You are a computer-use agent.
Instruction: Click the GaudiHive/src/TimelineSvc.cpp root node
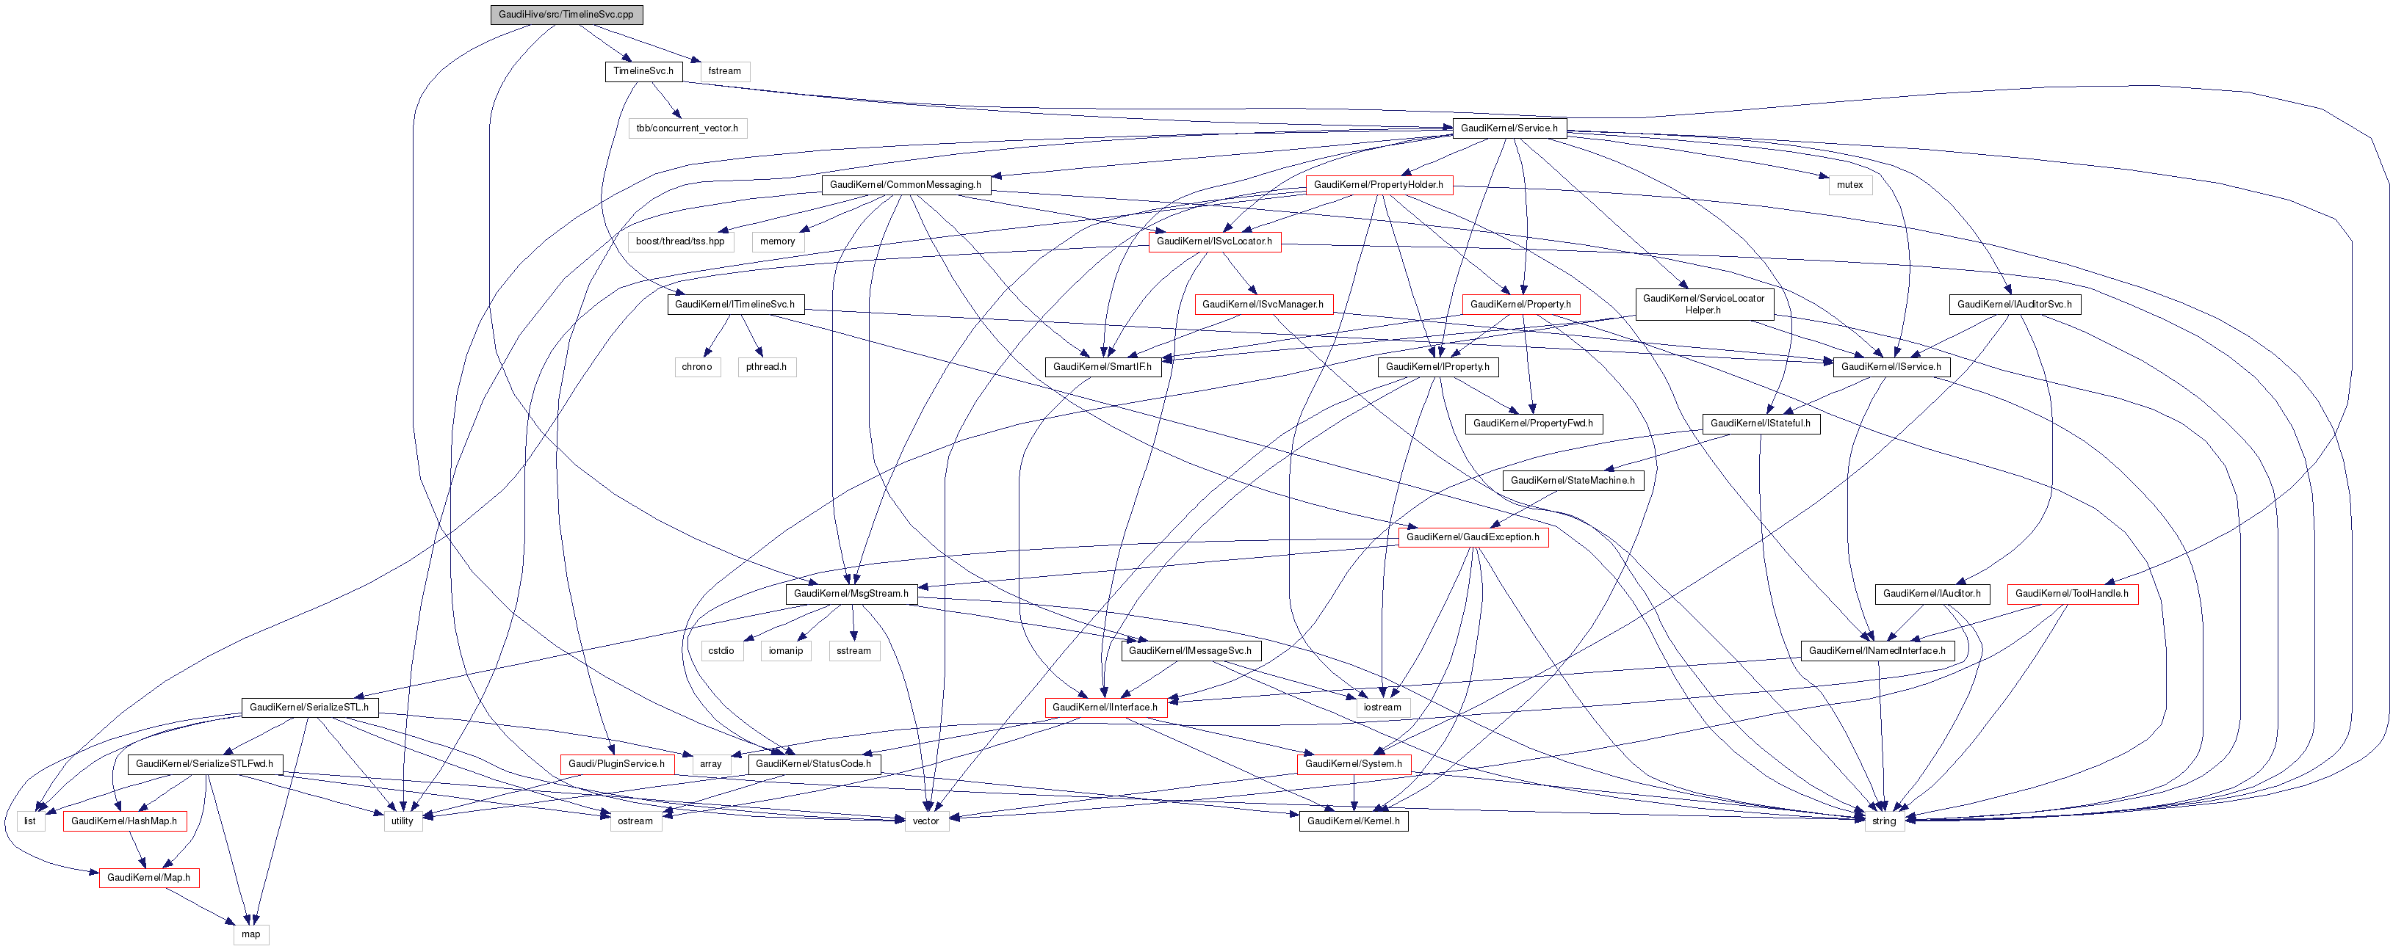566,15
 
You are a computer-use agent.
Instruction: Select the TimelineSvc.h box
643,71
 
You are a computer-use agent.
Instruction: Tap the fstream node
725,71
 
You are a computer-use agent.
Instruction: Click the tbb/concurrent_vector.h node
687,128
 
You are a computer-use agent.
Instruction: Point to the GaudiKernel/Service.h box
1509,128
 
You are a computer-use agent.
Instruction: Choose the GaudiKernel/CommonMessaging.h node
905,185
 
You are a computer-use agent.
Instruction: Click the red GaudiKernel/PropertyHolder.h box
1378,185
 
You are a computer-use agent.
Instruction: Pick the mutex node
1849,185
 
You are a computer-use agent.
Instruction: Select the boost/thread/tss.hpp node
680,241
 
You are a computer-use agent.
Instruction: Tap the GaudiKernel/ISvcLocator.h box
1214,241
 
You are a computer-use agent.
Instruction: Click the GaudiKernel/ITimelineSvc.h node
734,305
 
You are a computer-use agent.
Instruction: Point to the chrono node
697,367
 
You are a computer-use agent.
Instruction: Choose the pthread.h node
766,367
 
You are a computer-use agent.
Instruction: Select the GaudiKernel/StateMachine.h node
1572,480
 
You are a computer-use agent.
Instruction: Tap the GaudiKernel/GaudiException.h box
1473,537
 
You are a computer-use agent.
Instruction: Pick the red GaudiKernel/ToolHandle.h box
2071,593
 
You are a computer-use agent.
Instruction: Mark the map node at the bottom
250,934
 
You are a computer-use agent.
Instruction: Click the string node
1884,821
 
